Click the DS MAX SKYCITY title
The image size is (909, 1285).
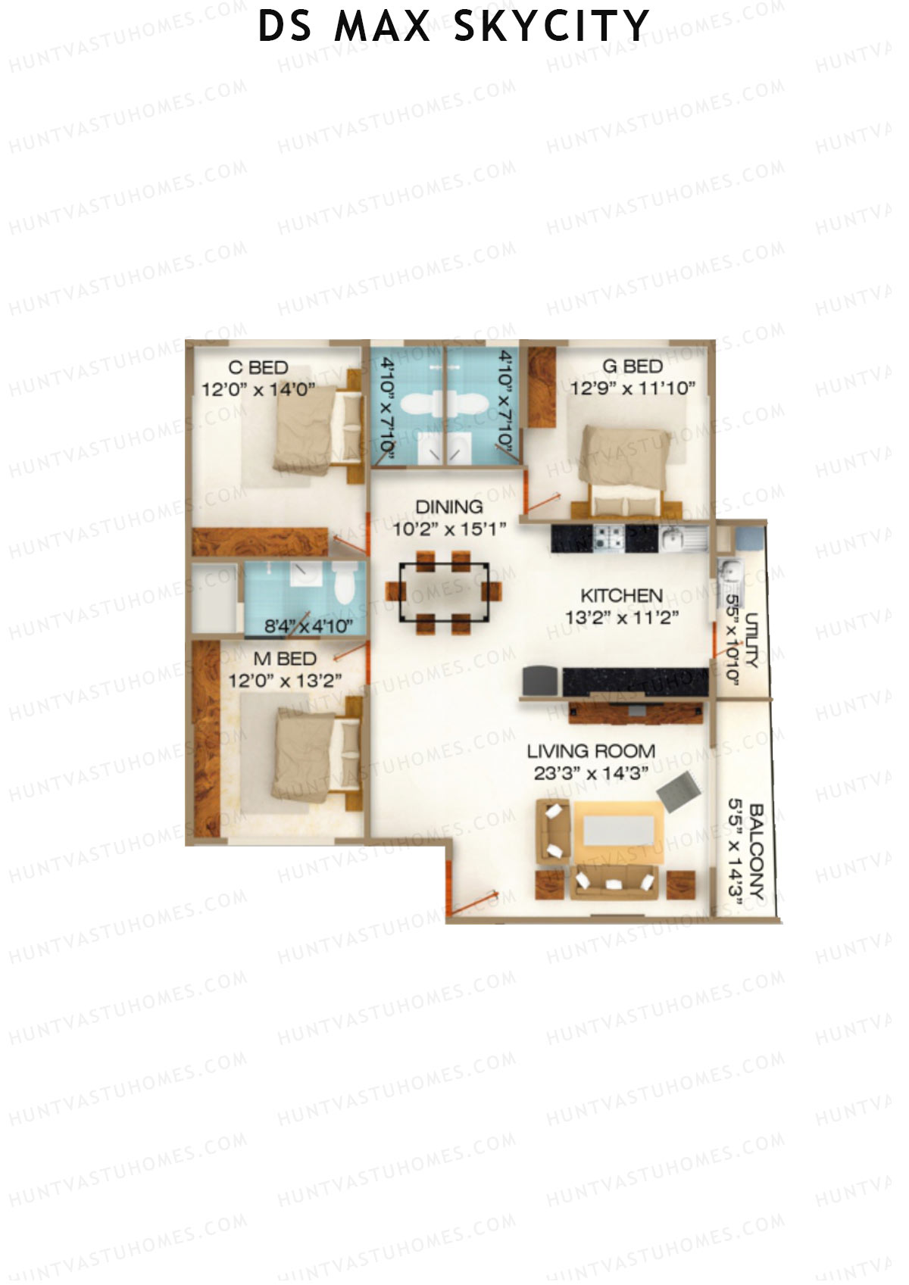point(454,26)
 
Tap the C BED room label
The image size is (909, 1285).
point(258,368)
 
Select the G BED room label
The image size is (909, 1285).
point(633,366)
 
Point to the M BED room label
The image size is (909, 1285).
point(285,660)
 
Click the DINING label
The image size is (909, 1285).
point(449,507)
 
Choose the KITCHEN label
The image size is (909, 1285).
point(621,595)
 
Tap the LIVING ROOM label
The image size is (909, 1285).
point(591,751)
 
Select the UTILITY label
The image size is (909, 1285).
point(751,641)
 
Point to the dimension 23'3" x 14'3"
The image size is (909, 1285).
point(591,773)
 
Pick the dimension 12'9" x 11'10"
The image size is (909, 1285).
point(633,389)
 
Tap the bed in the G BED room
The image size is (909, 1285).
point(625,463)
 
